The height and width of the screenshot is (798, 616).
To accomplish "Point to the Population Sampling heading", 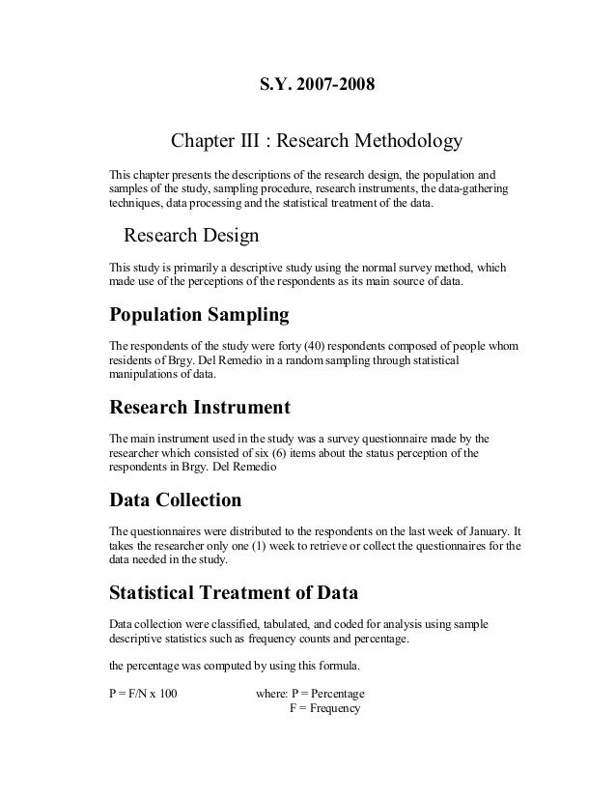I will pos(199,315).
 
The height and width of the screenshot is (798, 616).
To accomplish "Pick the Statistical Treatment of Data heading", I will pos(234,590).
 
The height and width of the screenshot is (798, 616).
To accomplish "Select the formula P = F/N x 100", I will pos(143,693).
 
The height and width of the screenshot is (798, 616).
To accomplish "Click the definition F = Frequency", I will pos(324,708).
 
